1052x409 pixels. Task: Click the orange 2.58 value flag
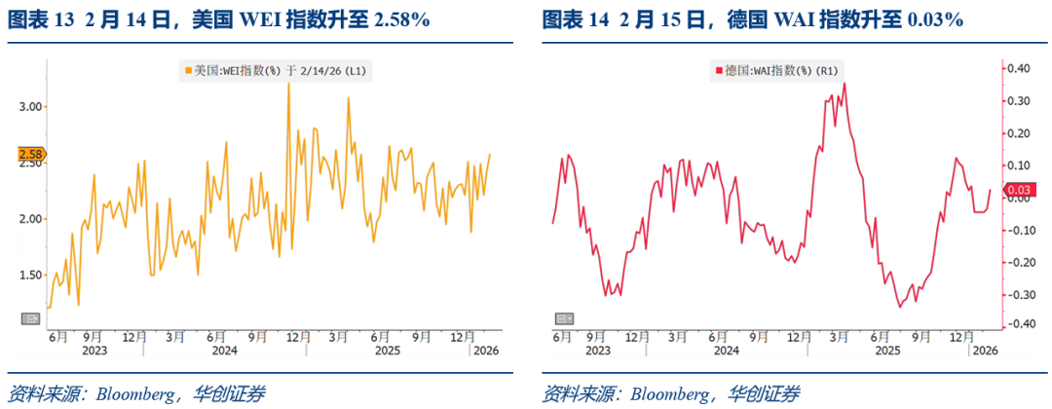click(x=30, y=154)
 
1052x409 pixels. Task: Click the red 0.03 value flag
click(x=1021, y=189)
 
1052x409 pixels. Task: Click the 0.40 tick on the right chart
click(x=1018, y=68)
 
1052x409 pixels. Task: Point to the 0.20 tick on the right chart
click(x=1018, y=132)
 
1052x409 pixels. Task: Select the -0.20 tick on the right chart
click(x=1018, y=262)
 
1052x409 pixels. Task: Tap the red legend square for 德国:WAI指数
click(x=720, y=70)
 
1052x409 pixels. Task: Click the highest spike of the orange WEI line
click(x=289, y=84)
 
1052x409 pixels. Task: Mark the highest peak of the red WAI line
click(x=844, y=83)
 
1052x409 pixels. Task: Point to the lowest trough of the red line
click(x=900, y=307)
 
